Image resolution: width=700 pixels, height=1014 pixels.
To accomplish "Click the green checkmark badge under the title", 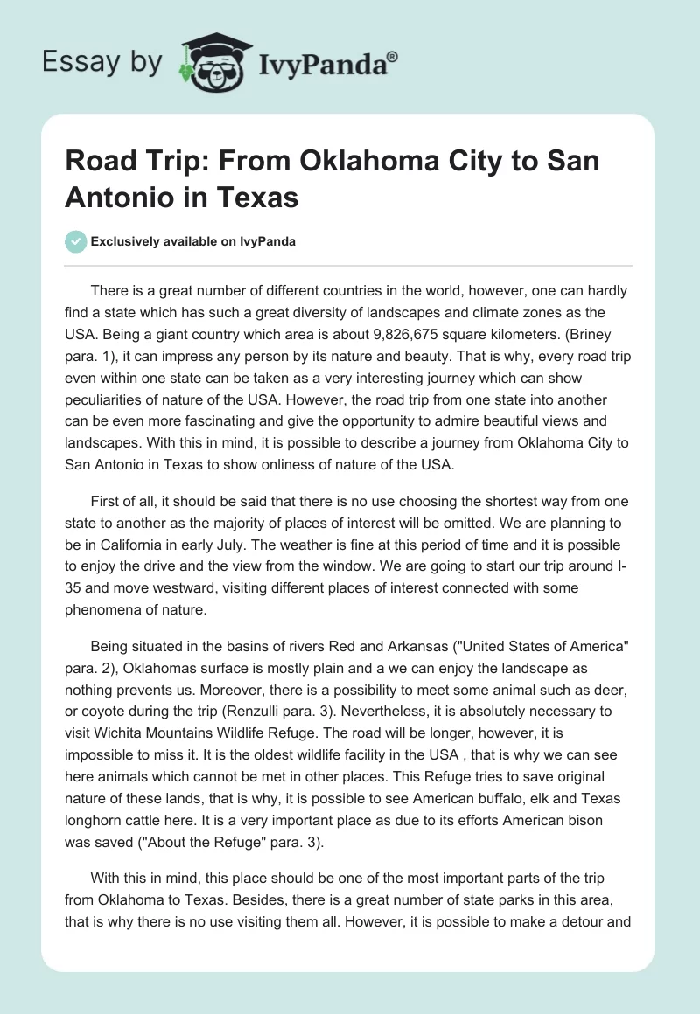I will [76, 241].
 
